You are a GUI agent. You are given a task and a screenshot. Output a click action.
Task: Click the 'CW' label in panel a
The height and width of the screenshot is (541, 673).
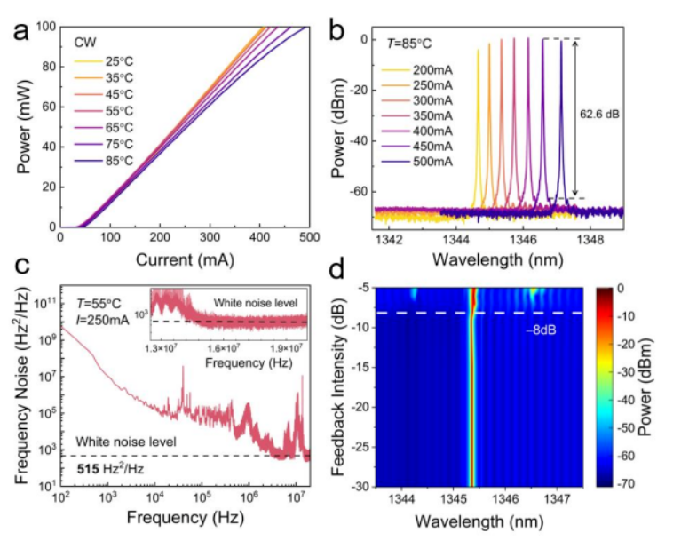click(87, 42)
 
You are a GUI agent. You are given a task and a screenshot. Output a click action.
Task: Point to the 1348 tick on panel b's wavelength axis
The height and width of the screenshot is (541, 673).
click(589, 238)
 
